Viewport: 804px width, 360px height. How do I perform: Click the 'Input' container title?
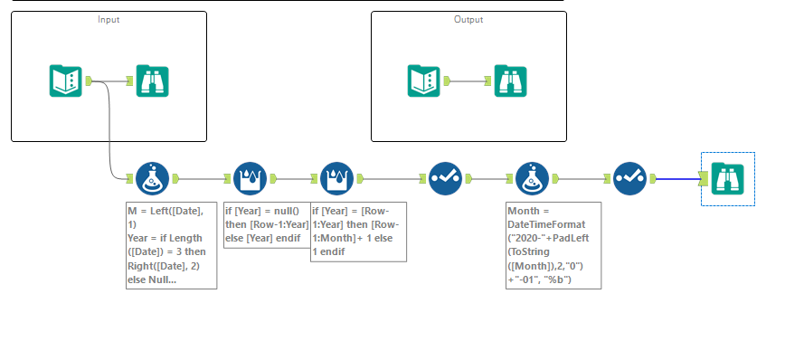tap(109, 19)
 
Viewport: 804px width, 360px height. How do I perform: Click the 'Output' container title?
tap(468, 19)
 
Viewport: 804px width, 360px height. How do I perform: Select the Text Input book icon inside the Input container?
tap(64, 81)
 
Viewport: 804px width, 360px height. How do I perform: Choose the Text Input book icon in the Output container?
tap(424, 81)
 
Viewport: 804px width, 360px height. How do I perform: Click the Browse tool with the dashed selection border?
tap(728, 178)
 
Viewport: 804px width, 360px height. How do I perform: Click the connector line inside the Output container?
tap(468, 81)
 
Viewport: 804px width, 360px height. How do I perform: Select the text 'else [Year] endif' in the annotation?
tap(261, 238)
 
